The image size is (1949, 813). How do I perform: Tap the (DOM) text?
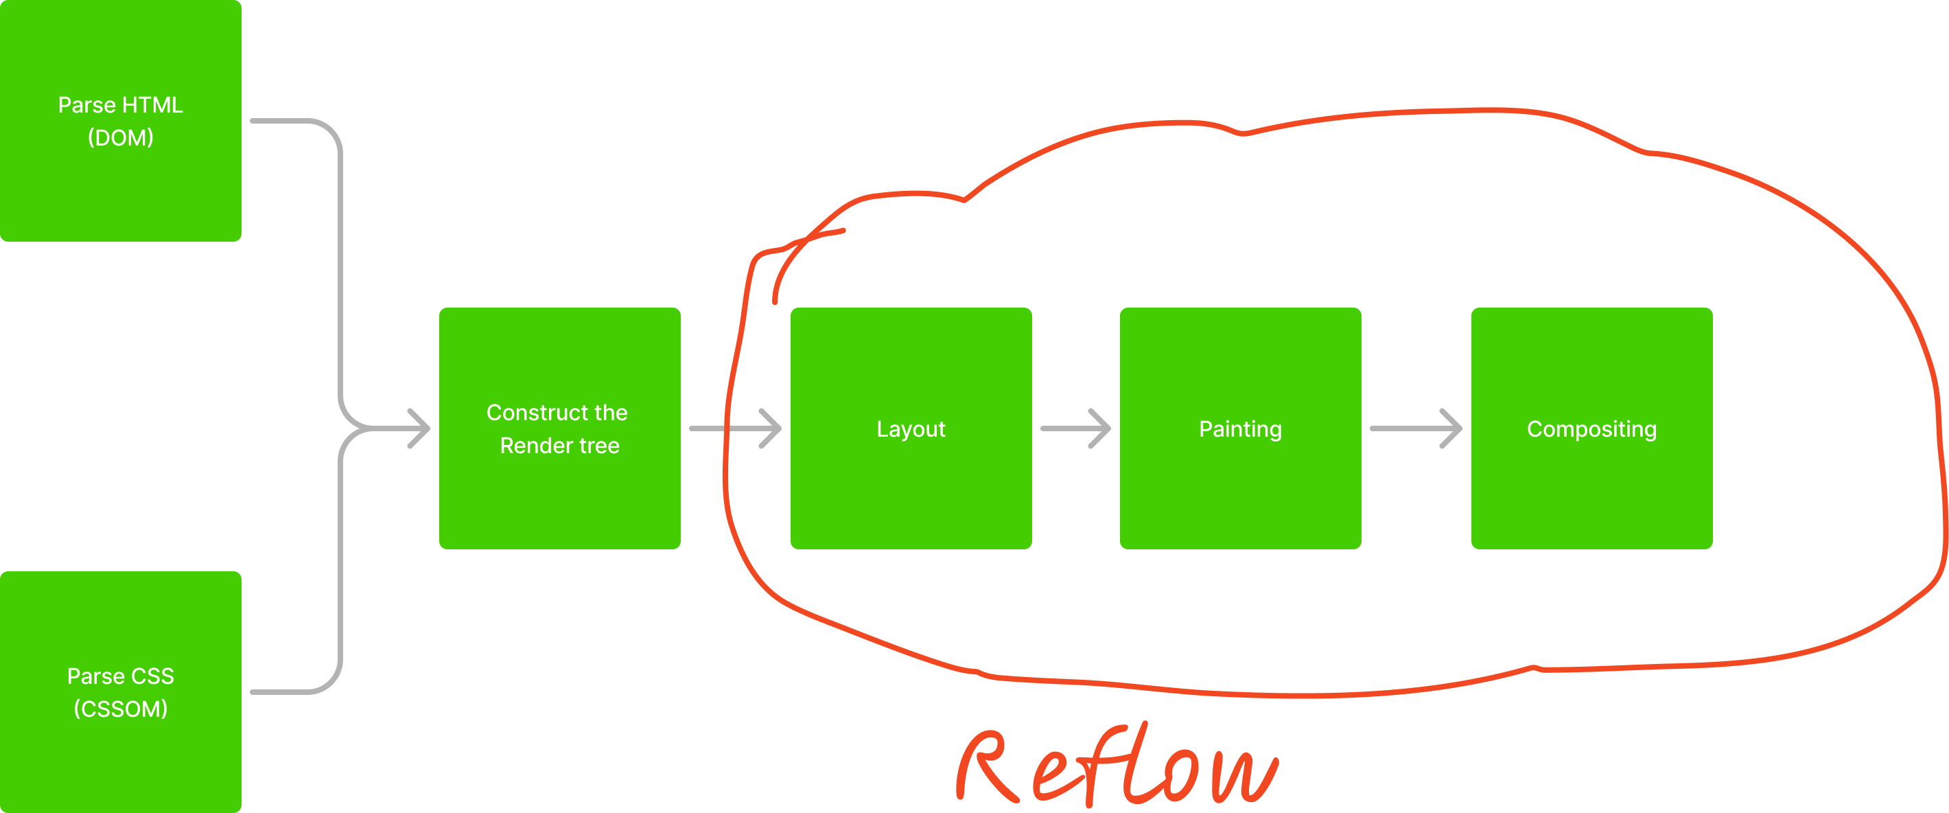120,138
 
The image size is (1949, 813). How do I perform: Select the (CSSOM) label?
120,709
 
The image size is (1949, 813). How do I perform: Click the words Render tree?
559,446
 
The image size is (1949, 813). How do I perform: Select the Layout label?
910,429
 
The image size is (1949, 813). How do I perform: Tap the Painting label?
1240,429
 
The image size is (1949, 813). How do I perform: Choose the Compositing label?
1591,429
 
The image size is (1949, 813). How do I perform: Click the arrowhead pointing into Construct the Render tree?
418,428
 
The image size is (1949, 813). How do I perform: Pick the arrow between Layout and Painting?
1075,428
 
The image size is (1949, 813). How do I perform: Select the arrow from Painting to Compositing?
1415,428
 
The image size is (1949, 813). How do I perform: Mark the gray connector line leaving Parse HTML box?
288,120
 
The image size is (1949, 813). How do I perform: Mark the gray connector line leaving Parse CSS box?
288,691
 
